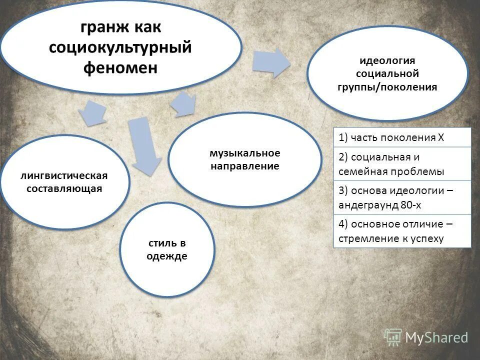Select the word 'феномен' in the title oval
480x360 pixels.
tap(120, 67)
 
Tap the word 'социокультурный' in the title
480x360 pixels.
tap(120, 47)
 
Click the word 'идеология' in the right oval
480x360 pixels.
tap(387, 60)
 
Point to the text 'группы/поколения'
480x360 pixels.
tap(387, 87)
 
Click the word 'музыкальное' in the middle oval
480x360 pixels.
tap(244, 152)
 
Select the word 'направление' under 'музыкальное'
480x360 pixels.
tap(244, 166)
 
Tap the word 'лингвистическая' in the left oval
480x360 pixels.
tap(64, 175)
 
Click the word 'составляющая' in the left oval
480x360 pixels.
tap(64, 188)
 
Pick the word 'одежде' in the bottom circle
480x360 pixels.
tap(167, 256)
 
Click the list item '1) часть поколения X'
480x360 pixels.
tap(391, 138)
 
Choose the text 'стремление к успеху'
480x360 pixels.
tap(391, 238)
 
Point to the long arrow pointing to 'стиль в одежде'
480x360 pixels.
tap(143, 145)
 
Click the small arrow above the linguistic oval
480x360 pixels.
tap(93, 112)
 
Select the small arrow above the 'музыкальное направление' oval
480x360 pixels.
tap(183, 104)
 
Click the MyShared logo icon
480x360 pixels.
tap(393, 337)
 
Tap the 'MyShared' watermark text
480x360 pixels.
tap(436, 338)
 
